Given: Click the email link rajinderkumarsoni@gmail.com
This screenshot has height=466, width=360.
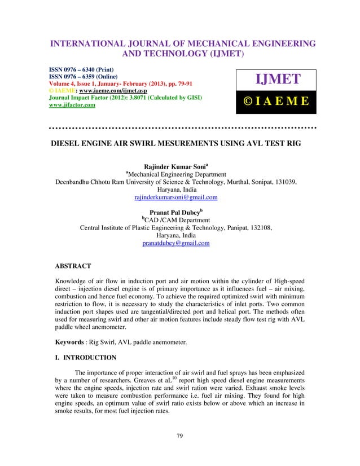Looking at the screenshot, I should pos(176,198).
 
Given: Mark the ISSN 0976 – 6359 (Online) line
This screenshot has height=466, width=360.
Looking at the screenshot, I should pos(88,80).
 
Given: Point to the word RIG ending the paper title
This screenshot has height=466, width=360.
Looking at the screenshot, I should pos(292,143).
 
